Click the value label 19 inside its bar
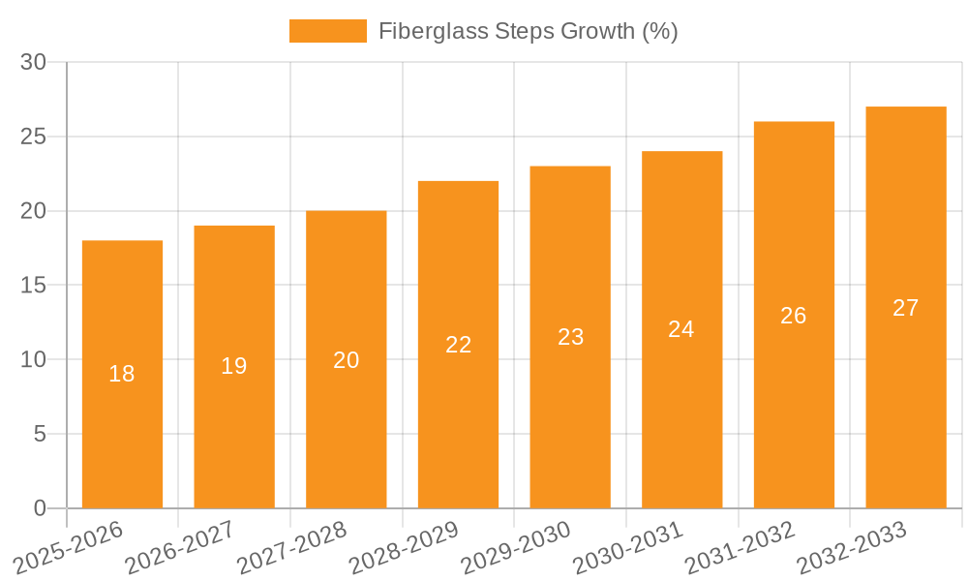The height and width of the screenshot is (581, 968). [234, 366]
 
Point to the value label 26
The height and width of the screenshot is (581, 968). [793, 316]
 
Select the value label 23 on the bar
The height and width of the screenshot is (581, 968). [570, 337]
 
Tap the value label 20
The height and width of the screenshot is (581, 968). [347, 360]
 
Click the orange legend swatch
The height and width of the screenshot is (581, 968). [328, 31]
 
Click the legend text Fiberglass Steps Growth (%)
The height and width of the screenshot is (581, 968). [528, 31]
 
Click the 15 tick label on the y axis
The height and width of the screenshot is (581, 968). [34, 286]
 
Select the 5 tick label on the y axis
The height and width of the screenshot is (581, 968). [40, 435]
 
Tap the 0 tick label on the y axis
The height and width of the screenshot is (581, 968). [40, 508]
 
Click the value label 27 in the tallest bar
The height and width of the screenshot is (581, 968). [905, 308]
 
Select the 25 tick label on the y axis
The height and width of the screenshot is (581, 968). [34, 138]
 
